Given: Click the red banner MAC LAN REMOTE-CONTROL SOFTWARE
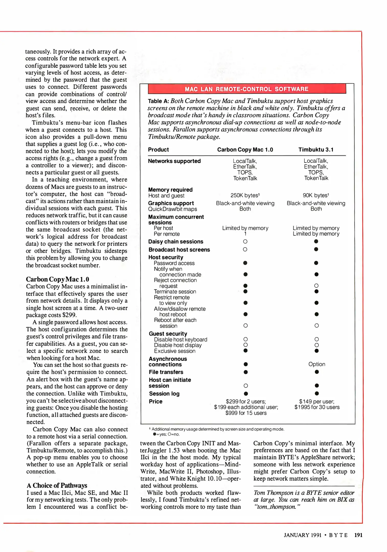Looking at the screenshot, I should click(x=247, y=89).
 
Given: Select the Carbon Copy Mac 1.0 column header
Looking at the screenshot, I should click(x=245, y=150).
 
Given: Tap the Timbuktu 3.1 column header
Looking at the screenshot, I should click(x=316, y=150).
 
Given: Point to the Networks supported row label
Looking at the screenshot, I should click(x=174, y=161).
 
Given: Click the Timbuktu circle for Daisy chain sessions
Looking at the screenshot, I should click(x=316, y=241).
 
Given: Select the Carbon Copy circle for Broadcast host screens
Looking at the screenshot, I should click(x=245, y=249).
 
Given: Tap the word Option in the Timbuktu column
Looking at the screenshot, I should click(x=316, y=364).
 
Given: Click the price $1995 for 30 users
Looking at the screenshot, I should click(x=317, y=407).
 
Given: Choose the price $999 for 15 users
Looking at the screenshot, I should click(x=246, y=413).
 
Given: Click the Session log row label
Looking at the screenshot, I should click(x=164, y=394).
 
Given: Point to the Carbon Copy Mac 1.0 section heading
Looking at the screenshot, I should click(x=58, y=279).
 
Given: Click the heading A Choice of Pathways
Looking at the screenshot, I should click(x=57, y=485).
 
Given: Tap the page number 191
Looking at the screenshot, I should click(x=358, y=535).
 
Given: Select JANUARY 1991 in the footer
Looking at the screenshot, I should click(x=302, y=535).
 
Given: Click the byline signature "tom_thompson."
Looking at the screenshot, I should click(x=277, y=507).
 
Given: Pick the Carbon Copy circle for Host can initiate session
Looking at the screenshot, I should click(x=245, y=386).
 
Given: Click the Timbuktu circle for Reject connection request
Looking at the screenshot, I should click(x=316, y=286).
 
